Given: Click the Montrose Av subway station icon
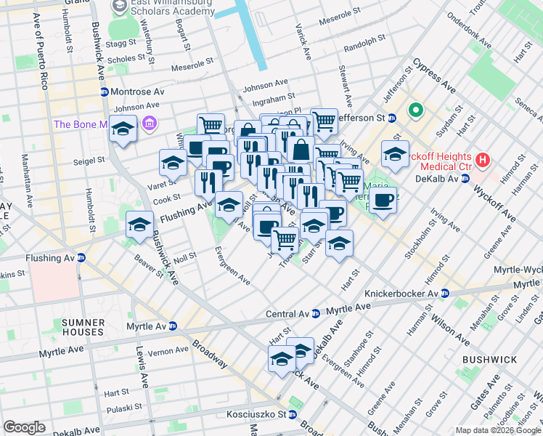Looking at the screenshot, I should (105, 92).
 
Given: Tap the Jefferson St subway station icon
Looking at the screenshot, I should (391, 117).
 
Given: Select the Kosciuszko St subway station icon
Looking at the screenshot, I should (292, 415).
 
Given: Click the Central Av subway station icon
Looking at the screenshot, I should (316, 314).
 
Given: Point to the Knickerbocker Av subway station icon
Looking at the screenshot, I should (444, 293).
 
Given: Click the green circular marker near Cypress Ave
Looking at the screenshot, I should (416, 111).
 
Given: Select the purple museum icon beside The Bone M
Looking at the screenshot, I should (150, 124).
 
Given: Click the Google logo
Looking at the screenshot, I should (24, 427).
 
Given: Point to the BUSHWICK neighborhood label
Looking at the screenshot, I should (491, 359).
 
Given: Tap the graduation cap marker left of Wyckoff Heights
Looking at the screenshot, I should (395, 153).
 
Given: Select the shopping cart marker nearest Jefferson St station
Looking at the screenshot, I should (324, 119).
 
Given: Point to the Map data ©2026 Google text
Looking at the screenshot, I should (498, 430).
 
